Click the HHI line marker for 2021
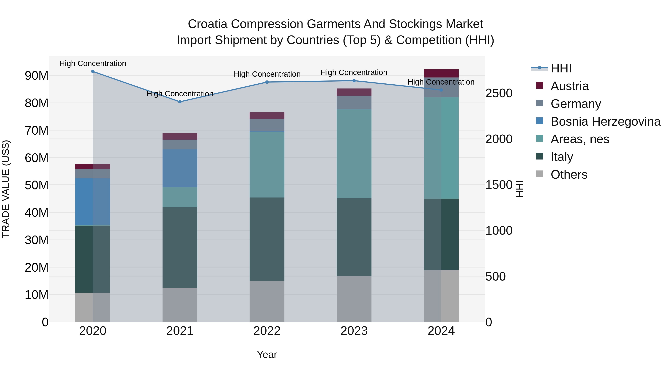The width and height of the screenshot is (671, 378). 180,102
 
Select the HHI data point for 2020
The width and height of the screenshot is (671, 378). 93,71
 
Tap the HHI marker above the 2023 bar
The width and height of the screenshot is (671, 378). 354,81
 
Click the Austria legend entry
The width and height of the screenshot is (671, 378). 569,86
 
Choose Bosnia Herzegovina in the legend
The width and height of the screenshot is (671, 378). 605,122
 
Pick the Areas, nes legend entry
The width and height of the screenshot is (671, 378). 580,139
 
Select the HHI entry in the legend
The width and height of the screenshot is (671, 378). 561,68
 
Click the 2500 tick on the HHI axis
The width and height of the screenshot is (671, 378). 499,93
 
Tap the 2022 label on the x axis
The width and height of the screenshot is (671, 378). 267,331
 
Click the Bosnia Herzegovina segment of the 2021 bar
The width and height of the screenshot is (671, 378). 180,168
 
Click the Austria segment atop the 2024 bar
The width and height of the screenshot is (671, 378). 441,73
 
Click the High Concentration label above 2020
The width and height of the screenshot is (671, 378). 93,63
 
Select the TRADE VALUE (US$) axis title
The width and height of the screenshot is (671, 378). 6,189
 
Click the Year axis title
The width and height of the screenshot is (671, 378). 267,354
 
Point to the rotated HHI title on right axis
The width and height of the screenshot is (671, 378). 519,189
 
